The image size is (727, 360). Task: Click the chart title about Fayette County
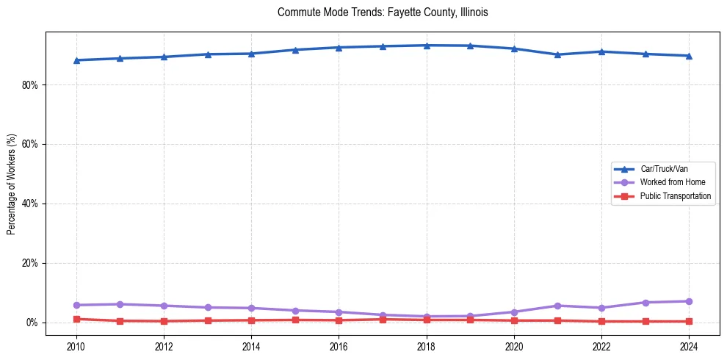pyautogui.click(x=383, y=12)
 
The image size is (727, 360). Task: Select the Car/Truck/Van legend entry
pyautogui.click(x=663, y=169)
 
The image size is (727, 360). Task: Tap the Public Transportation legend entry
pyautogui.click(x=675, y=196)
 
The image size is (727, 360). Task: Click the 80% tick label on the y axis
pyautogui.click(x=30, y=85)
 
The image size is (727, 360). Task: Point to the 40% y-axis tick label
pyautogui.click(x=30, y=204)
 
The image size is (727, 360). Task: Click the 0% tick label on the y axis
pyautogui.click(x=32, y=323)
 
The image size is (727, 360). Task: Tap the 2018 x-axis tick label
pyautogui.click(x=427, y=345)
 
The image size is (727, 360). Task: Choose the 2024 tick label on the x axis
pyautogui.click(x=689, y=345)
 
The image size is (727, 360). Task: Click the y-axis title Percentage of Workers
pyautogui.click(x=12, y=184)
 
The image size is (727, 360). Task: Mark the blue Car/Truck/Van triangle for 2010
pyautogui.click(x=76, y=60)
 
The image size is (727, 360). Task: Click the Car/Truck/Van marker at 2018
pyautogui.click(x=427, y=46)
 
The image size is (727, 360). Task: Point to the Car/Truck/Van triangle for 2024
pyautogui.click(x=689, y=56)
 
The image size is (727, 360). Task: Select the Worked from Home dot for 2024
pyautogui.click(x=689, y=301)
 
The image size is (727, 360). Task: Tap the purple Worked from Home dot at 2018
pyautogui.click(x=427, y=317)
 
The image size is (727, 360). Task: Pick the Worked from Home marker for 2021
pyautogui.click(x=558, y=306)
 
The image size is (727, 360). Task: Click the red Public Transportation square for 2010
pyautogui.click(x=76, y=319)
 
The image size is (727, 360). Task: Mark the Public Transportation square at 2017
pyautogui.click(x=383, y=320)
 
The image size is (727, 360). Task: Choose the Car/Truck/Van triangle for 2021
pyautogui.click(x=558, y=54)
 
